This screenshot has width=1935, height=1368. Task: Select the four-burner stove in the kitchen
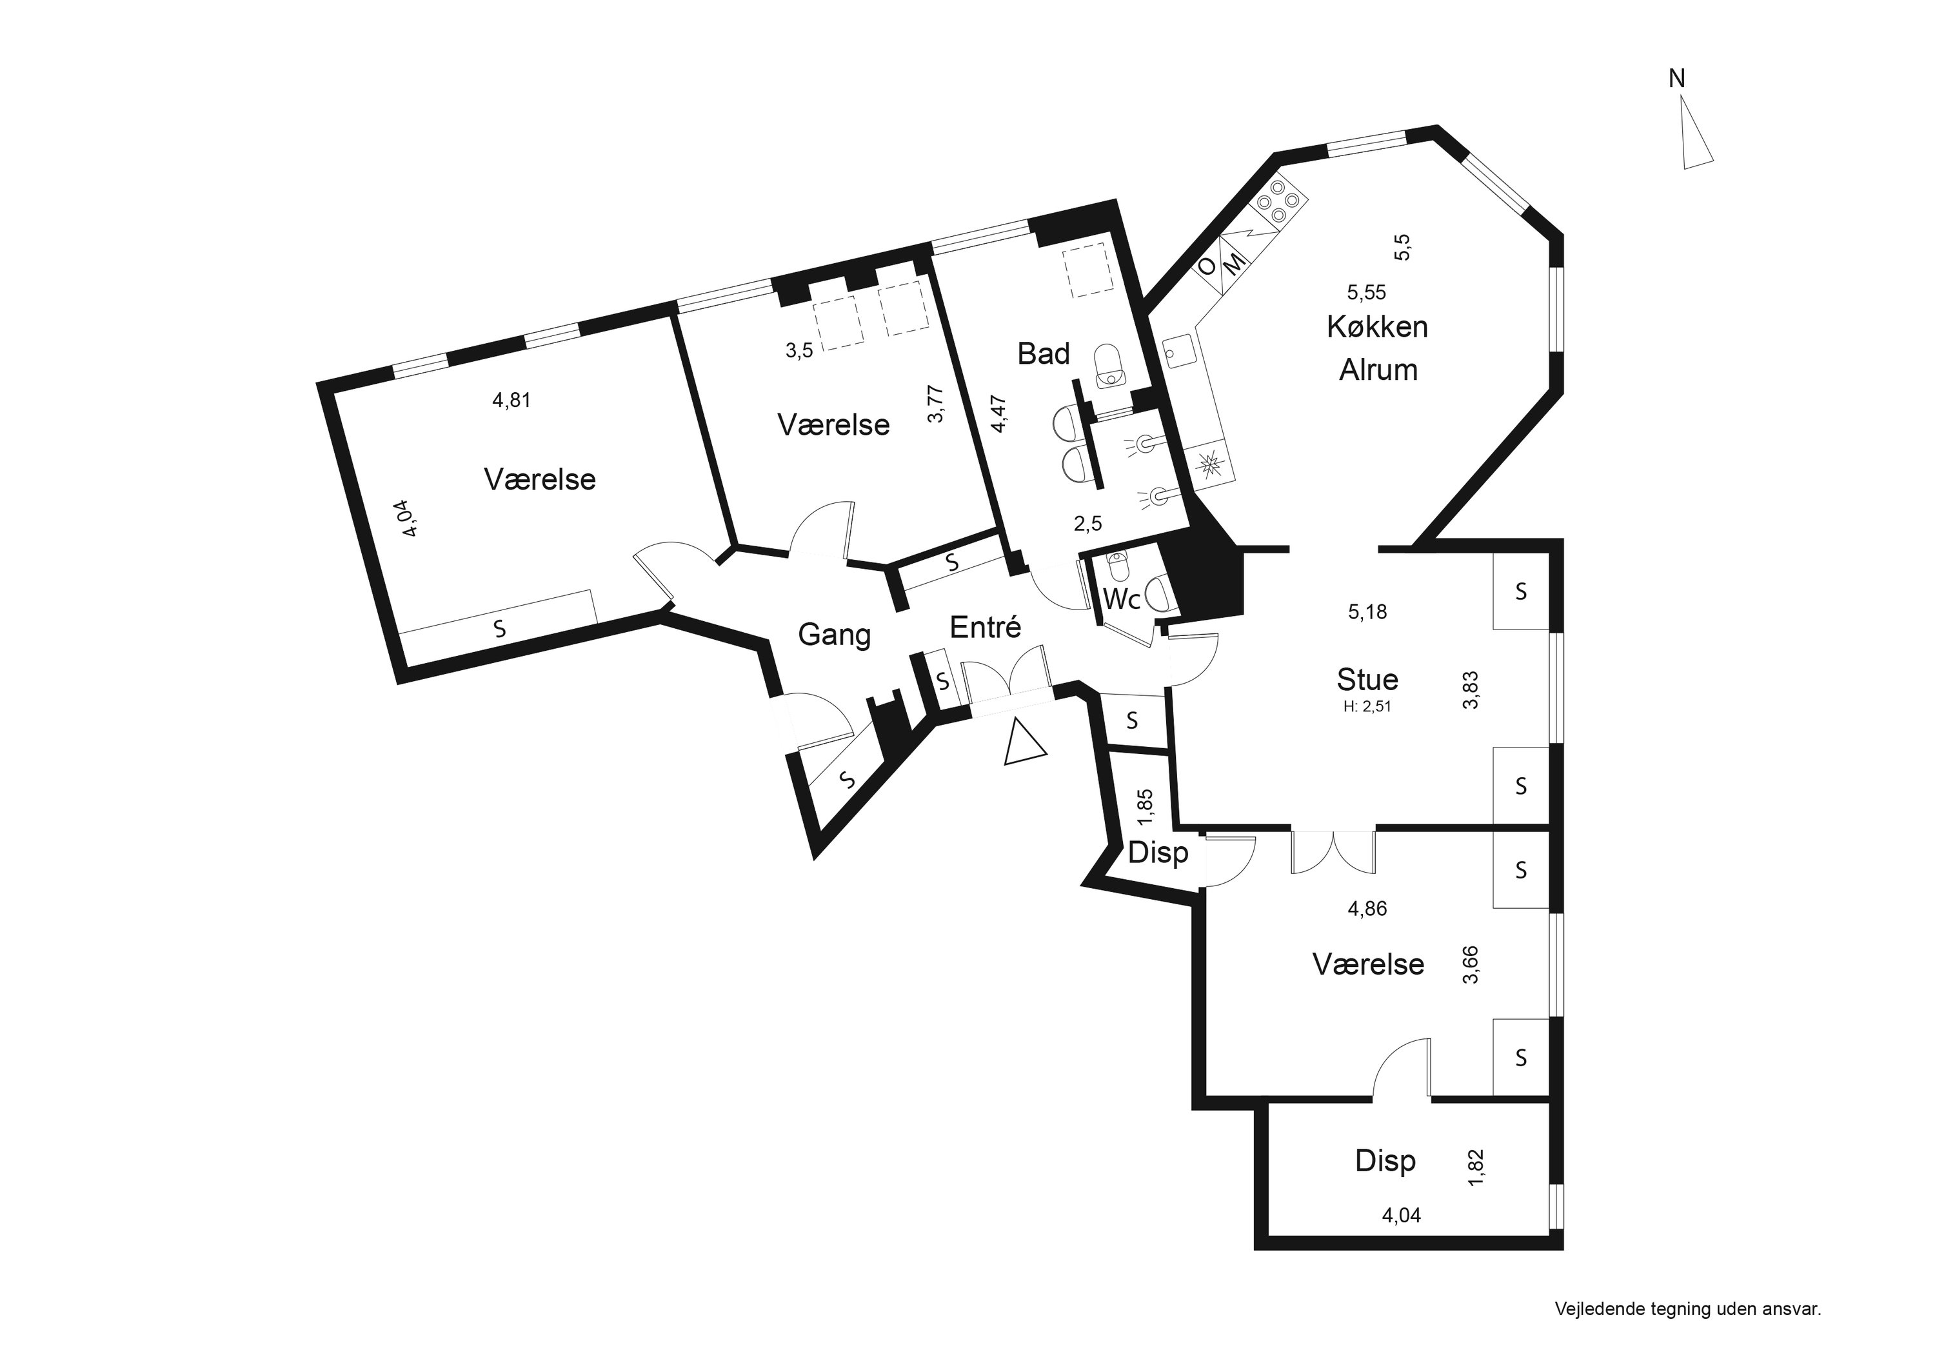click(1279, 203)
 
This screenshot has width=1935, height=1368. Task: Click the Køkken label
click(1377, 326)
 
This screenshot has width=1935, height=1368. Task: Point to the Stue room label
click(1367, 679)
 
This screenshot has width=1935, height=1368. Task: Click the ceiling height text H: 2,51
click(1367, 707)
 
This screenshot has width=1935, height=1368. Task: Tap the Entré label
click(985, 626)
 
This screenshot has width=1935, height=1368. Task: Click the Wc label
click(1122, 599)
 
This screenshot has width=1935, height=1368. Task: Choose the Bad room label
click(1044, 354)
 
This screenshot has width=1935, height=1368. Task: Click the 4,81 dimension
click(511, 401)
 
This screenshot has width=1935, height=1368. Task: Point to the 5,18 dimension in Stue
click(1367, 612)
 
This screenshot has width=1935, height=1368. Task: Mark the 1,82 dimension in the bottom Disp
click(1475, 1168)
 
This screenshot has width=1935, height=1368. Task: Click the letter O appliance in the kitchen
click(1207, 267)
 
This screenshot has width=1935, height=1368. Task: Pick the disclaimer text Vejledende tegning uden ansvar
click(1688, 1309)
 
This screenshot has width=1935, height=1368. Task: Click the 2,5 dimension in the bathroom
click(1087, 524)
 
